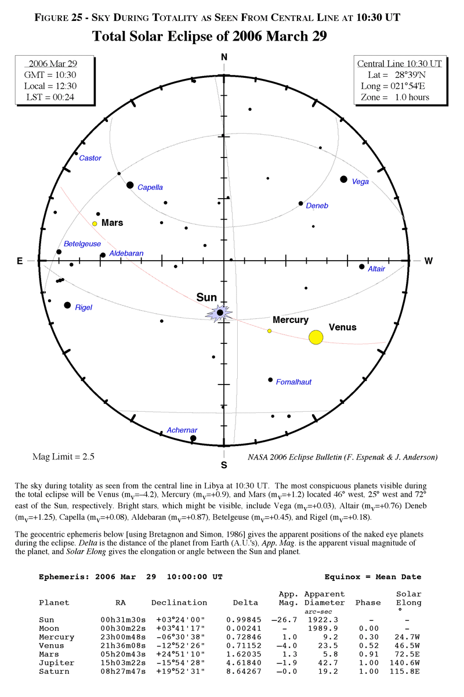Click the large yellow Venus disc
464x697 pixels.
316,337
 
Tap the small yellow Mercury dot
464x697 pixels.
269,331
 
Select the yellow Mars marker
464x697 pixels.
95,224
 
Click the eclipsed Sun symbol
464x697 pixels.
220,314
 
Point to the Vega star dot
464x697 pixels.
344,179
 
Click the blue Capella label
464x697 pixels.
150,188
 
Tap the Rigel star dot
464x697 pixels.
67,306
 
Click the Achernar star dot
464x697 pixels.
193,439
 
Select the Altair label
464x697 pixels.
376,269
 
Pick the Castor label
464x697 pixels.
90,158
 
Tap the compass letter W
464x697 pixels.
429,261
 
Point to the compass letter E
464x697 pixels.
19,261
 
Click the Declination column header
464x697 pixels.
179,602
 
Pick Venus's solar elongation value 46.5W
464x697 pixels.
409,645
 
